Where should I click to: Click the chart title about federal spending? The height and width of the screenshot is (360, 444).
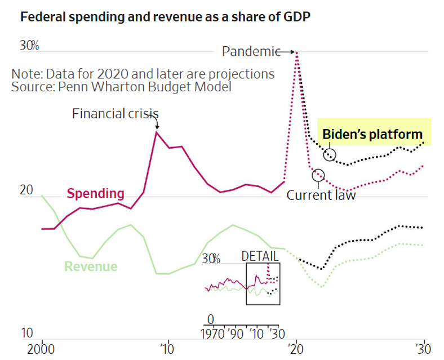(165, 17)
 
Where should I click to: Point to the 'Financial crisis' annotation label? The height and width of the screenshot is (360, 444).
(114, 114)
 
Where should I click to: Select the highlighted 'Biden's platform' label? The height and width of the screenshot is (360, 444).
(372, 134)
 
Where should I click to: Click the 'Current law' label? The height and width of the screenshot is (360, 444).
(321, 195)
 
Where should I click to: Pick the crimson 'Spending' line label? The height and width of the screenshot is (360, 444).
(95, 194)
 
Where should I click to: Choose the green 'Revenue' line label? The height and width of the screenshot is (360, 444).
(91, 266)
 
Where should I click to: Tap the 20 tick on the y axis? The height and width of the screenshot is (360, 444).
(27, 190)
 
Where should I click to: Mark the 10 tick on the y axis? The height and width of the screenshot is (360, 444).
(26, 334)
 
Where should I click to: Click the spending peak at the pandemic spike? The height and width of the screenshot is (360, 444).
(297, 52)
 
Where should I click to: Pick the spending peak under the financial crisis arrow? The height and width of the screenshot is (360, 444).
(157, 131)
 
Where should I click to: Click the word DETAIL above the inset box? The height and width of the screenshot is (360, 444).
(260, 255)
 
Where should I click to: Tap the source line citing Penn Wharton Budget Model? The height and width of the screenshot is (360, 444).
(121, 87)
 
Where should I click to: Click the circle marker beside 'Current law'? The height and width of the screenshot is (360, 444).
(318, 175)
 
